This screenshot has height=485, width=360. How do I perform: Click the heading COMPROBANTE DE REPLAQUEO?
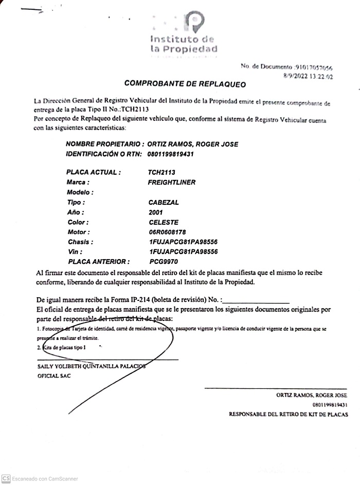(x=185, y=83)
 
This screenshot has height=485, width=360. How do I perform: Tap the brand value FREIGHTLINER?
(x=171, y=183)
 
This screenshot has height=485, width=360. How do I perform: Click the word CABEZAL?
(x=164, y=203)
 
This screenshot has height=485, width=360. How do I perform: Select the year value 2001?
(x=156, y=212)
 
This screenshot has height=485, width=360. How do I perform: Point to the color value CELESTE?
(x=163, y=222)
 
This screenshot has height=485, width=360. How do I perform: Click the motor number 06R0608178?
(x=167, y=232)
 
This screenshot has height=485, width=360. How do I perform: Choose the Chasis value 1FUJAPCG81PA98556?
(x=183, y=242)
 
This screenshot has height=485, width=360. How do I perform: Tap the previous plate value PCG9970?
(x=163, y=261)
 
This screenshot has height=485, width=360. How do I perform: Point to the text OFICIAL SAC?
(x=54, y=376)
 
